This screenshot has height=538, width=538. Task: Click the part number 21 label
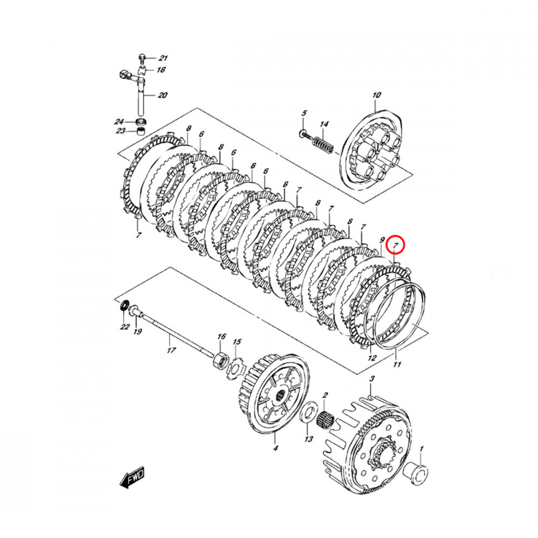pos(162,58)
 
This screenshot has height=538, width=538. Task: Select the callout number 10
pos(377,95)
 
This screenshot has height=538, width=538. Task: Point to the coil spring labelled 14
pos(323,144)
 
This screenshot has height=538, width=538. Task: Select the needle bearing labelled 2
pos(325,418)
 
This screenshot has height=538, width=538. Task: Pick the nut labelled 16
pos(221,360)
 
